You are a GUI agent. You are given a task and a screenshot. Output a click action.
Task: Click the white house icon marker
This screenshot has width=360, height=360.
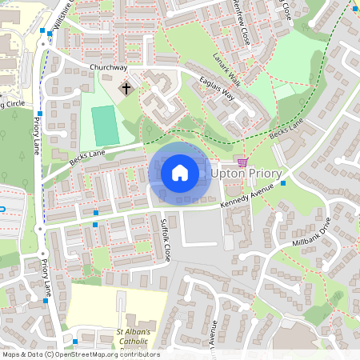point(180,172)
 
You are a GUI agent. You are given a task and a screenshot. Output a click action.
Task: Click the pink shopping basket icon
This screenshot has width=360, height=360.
point(242,160)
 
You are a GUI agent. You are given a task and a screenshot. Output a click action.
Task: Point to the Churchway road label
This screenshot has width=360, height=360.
point(110,69)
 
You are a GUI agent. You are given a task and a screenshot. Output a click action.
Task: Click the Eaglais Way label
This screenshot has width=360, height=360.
point(218,94)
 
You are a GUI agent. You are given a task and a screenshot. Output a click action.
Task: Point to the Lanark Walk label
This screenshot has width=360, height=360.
point(226,70)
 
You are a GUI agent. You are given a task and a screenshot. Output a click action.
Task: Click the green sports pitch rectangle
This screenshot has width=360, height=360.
point(103,126)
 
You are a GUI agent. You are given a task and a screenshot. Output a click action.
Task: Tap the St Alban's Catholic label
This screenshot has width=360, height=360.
point(140,337)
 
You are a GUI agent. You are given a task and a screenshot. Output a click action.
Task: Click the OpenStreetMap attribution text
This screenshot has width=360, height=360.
point(80,354)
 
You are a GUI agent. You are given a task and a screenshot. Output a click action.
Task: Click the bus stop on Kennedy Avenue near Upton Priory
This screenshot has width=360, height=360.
point(283,183)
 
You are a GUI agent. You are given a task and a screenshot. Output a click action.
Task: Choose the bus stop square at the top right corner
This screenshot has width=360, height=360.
point(354,9)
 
